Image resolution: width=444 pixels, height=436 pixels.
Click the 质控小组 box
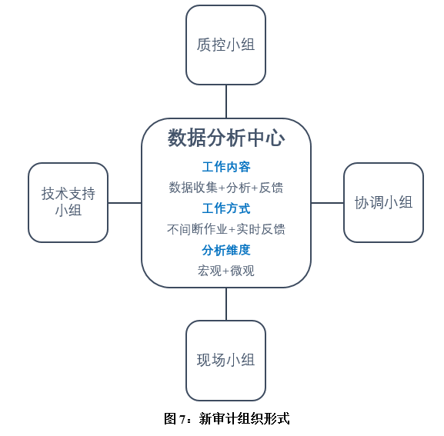coord(225,45)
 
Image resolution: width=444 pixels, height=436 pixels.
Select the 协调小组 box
coord(383,202)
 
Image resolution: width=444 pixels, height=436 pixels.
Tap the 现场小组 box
coord(225,361)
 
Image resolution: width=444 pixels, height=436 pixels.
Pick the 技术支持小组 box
coord(68,202)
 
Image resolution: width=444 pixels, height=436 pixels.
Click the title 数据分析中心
coord(226,138)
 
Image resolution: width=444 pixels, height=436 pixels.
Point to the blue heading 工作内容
coord(226,167)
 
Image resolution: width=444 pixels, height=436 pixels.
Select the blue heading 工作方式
coord(226,208)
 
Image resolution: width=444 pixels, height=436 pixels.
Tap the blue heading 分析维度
coord(226,250)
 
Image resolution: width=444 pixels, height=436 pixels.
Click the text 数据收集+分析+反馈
coord(226,188)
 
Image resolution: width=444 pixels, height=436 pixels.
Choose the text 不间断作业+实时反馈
coord(226,229)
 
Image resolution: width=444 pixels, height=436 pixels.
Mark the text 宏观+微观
coord(226,271)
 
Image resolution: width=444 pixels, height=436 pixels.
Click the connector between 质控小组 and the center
coord(226,102)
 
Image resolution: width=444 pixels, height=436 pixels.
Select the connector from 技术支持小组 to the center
coord(125,203)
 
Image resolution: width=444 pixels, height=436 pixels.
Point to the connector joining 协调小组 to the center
coord(327,203)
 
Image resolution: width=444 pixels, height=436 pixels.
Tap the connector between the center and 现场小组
coord(226,305)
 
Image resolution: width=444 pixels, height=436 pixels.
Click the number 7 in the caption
coord(182,419)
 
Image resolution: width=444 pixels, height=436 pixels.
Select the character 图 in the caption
coord(170,419)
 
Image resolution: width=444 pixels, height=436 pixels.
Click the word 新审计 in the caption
coord(218,419)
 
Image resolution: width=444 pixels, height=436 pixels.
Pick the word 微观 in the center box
coord(242,271)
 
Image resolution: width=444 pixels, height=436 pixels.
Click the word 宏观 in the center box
coord(209,271)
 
